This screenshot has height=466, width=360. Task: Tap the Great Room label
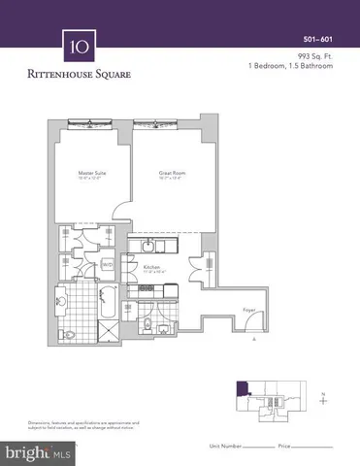coord(171,176)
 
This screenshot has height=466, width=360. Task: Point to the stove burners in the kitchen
coord(169,287)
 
